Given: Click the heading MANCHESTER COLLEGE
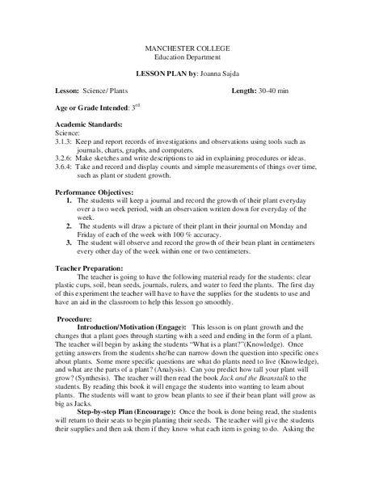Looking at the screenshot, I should pos(187,50).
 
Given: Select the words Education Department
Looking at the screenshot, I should pos(187,60).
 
